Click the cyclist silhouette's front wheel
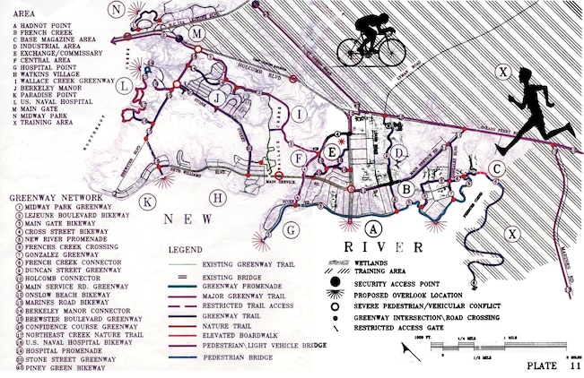point(391,50)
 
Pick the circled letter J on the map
point(215,96)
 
